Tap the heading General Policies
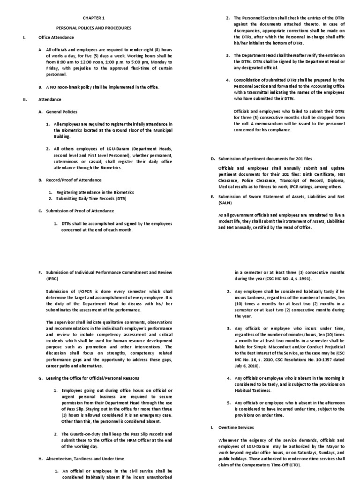[x=61, y=112]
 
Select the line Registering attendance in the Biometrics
[x=95, y=192]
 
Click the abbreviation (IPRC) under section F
[x=46, y=278]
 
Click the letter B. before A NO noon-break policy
[x=41, y=87]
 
